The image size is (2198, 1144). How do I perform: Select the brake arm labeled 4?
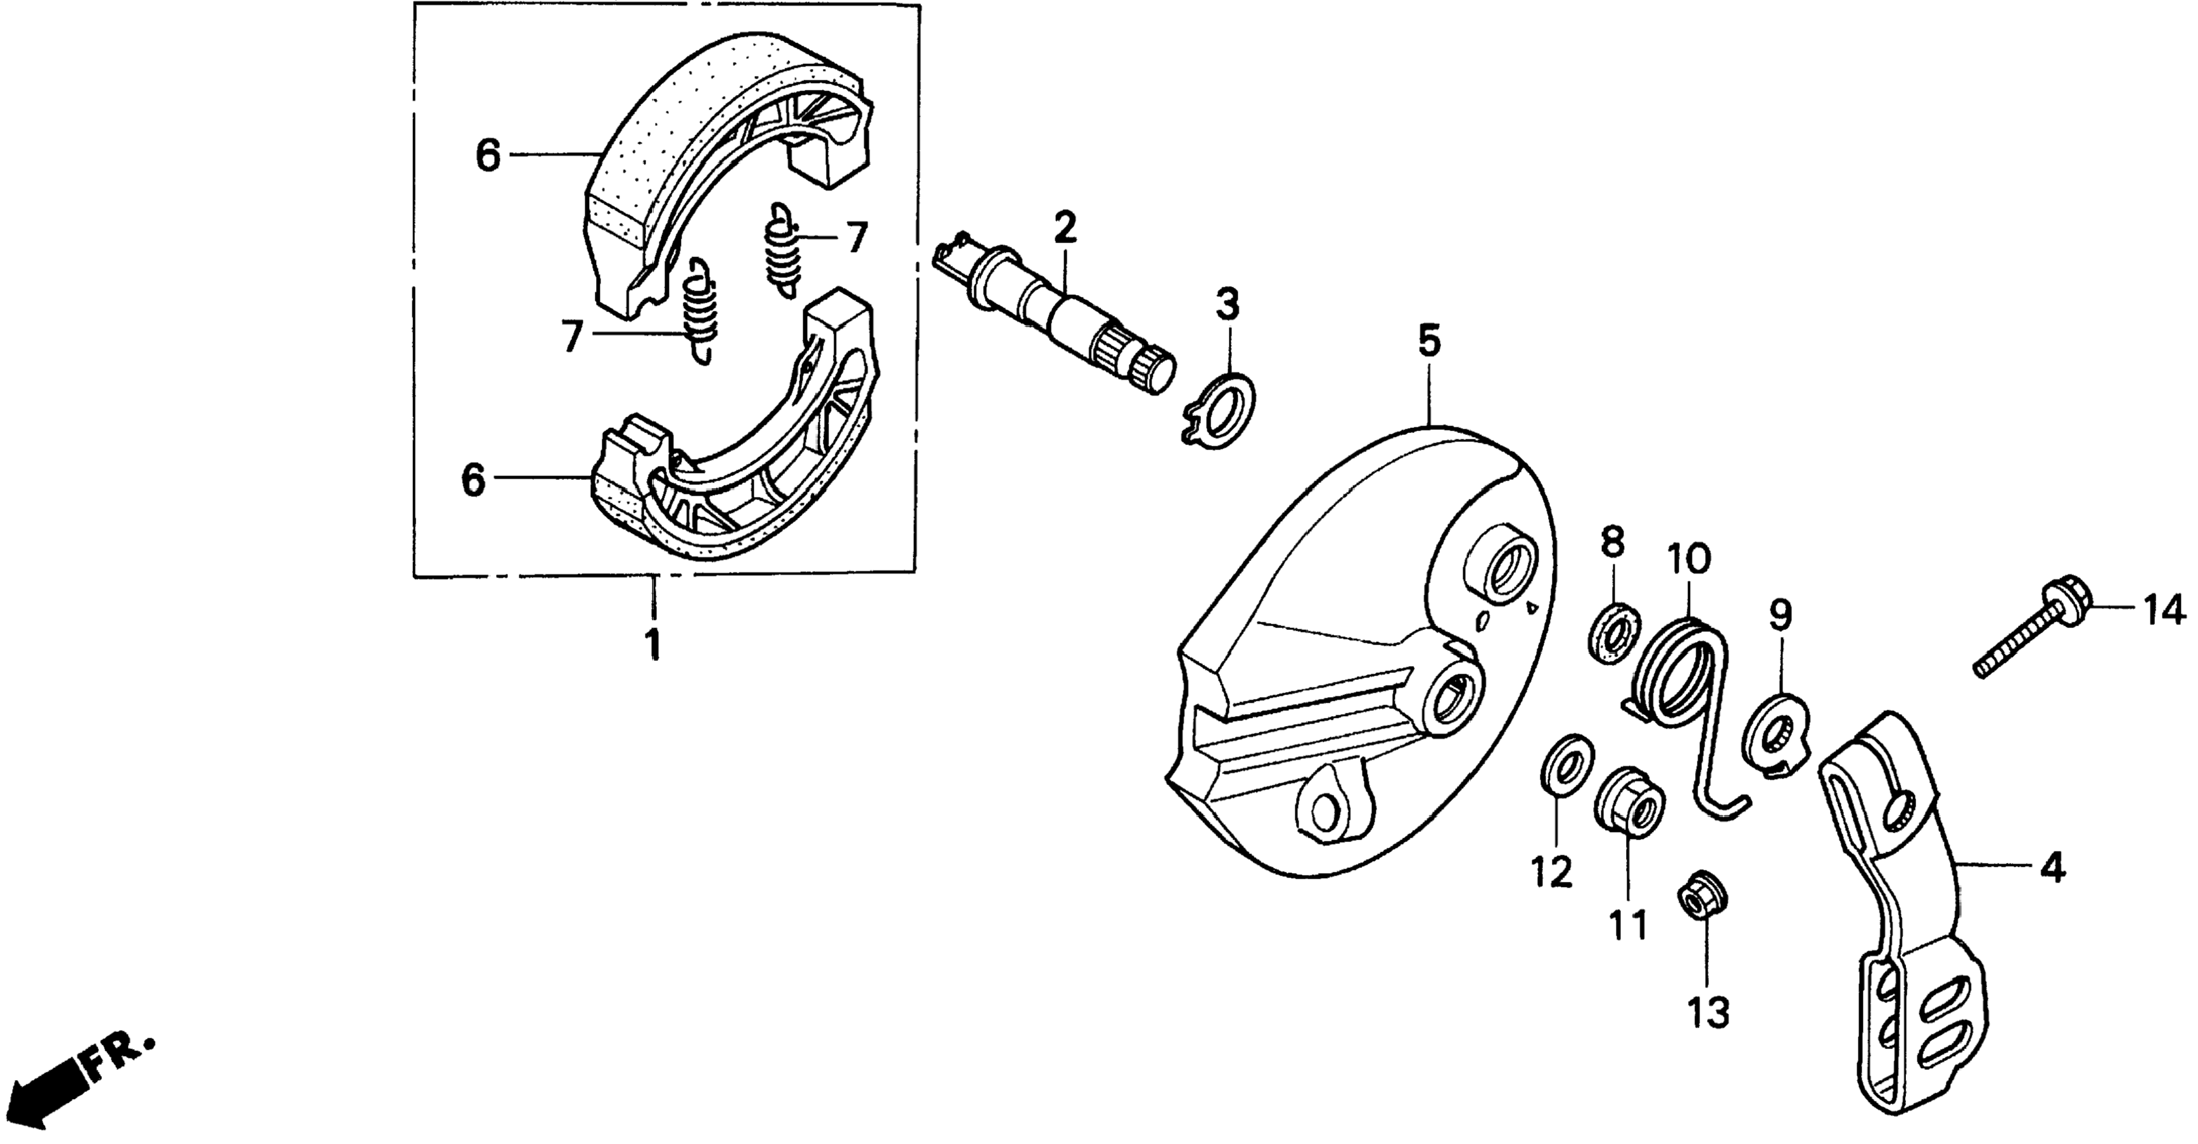(1903, 921)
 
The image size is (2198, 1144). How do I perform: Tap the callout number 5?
(1429, 341)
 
